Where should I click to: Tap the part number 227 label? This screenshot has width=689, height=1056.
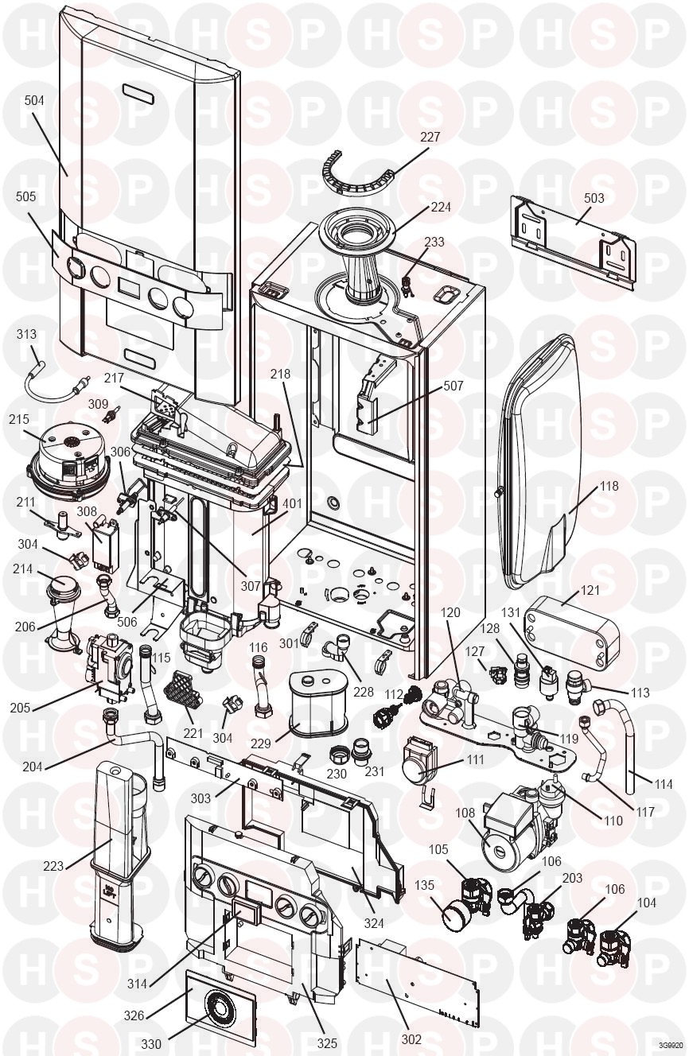pyautogui.click(x=430, y=137)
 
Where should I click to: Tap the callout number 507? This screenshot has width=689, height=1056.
pyautogui.click(x=453, y=386)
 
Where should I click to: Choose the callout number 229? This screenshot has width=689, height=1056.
pyautogui.click(x=261, y=743)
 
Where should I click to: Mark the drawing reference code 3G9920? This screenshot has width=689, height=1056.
pyautogui.click(x=670, y=1045)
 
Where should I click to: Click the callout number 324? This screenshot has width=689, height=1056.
pyautogui.click(x=374, y=924)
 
